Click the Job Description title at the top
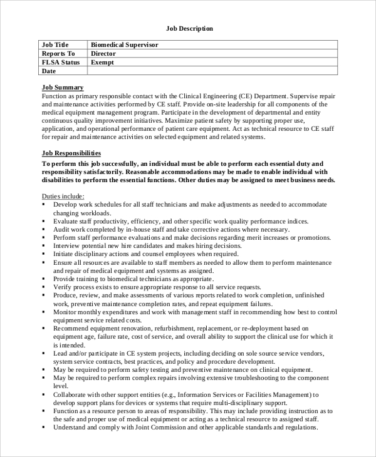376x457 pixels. pos(189,28)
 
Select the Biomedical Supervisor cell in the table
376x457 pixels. pos(124,45)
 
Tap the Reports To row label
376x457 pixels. pos(58,54)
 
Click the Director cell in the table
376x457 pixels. pos(103,54)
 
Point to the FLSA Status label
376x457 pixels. pos(61,63)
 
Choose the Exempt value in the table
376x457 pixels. pos(103,63)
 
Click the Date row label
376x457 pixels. pos(49,71)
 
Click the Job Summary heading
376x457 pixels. pos(62,87)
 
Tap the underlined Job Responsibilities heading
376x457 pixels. pos(71,153)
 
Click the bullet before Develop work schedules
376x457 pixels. pos(44,205)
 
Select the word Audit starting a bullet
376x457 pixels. pos(63,230)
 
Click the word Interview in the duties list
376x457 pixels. pos(68,247)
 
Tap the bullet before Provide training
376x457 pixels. pos(44,278)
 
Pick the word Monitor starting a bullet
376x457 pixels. pos(66,312)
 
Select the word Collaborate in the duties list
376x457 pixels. pos(71,395)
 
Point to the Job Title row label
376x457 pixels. pos(55,45)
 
